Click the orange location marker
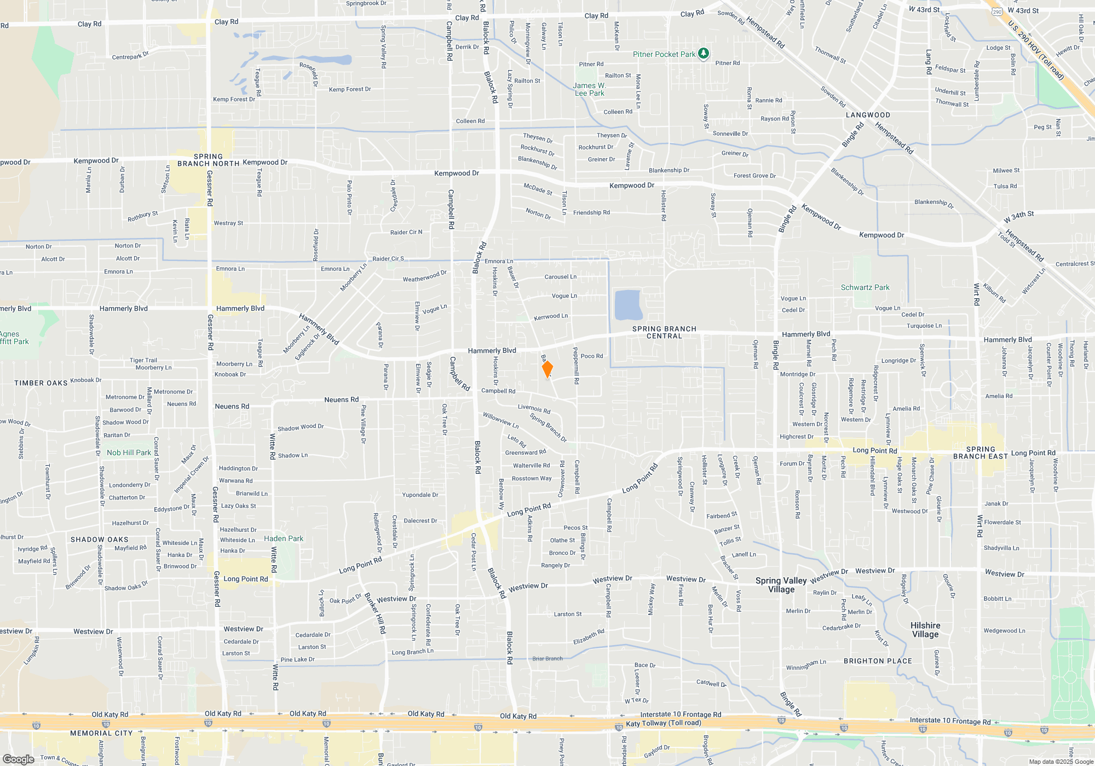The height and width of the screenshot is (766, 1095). (x=547, y=369)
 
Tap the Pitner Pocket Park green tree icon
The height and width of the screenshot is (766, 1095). (x=704, y=54)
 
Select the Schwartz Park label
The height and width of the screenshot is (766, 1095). (x=865, y=287)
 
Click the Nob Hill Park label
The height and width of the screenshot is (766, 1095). (x=129, y=452)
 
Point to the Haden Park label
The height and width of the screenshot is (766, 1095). (x=284, y=538)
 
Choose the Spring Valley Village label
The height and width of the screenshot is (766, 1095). (x=781, y=585)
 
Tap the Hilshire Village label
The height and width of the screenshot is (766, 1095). (x=925, y=630)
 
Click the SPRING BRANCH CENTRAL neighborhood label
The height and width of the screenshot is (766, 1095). (x=664, y=332)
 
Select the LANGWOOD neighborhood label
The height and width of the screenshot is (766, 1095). (x=868, y=115)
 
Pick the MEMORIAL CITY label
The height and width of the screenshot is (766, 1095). (x=101, y=733)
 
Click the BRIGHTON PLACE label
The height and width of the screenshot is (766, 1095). (x=878, y=661)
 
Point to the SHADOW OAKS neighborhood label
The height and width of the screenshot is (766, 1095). (x=99, y=539)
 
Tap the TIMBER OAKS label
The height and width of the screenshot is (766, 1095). (x=41, y=383)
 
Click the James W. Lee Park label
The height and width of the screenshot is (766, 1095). (x=589, y=89)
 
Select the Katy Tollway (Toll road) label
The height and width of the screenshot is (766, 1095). (x=663, y=723)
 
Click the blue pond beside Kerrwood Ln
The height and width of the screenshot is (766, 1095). (x=628, y=305)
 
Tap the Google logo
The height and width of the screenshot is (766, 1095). (x=18, y=759)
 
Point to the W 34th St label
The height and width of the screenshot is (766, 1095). (x=1018, y=217)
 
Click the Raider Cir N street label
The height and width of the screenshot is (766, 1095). (x=406, y=232)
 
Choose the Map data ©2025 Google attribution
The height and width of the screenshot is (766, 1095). (x=1061, y=762)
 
